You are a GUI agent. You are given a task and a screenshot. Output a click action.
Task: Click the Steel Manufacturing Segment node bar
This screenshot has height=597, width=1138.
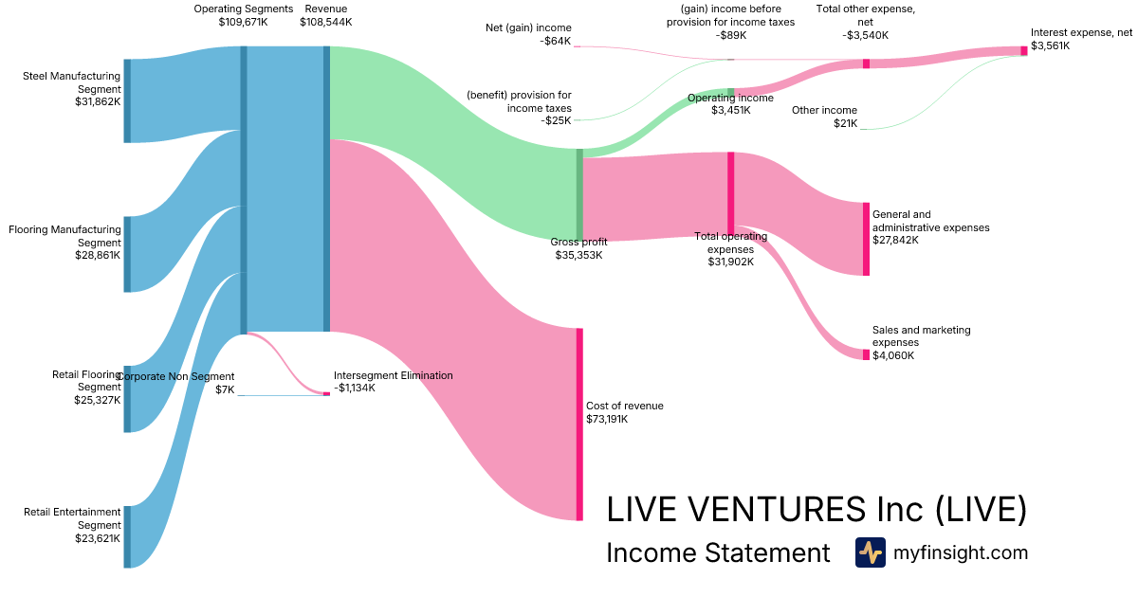click(127, 100)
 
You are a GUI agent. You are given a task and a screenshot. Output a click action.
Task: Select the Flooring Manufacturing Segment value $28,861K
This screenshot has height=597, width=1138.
click(98, 256)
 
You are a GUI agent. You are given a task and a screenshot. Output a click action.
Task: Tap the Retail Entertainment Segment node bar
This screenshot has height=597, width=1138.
click(127, 536)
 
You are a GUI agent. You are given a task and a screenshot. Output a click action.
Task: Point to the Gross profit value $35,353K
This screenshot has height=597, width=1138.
click(578, 255)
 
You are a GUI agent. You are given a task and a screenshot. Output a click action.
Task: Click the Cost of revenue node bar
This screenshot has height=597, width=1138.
click(579, 424)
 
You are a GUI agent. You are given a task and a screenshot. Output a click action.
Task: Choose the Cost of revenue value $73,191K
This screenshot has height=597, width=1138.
click(613, 419)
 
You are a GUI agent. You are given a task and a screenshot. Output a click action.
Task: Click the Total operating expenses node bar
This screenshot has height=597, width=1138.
click(731, 192)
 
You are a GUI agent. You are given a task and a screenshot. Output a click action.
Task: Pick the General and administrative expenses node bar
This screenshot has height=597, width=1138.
click(866, 239)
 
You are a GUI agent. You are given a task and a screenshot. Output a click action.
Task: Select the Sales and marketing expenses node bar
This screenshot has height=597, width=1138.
click(866, 354)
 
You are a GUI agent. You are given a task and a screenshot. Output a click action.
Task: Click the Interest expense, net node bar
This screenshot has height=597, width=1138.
click(1024, 51)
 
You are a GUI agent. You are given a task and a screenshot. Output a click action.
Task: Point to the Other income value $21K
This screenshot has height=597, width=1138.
click(845, 123)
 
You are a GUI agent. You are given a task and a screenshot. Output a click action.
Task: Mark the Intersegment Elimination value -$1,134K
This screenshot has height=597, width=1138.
click(355, 388)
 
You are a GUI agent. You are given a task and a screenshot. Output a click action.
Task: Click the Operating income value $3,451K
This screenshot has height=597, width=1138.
click(731, 110)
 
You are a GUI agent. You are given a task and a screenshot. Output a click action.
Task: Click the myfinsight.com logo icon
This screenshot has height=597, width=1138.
click(870, 552)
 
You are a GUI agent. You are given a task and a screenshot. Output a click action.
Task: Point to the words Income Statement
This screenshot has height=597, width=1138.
click(718, 553)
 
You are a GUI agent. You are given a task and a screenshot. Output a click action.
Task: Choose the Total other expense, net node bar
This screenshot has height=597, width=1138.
click(866, 63)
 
